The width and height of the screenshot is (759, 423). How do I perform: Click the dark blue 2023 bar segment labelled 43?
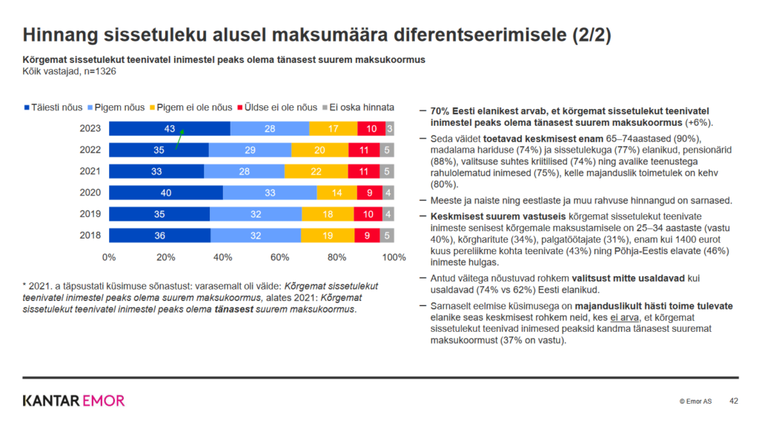[170, 129]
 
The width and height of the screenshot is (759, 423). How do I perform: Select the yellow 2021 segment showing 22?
[316, 171]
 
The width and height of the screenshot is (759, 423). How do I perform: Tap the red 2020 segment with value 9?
[370, 193]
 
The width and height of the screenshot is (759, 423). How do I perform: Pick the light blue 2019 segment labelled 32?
[256, 214]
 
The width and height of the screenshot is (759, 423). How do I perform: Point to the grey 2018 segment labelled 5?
[387, 236]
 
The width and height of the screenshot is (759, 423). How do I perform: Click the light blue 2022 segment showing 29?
[250, 150]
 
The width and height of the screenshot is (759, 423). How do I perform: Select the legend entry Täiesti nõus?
[53, 107]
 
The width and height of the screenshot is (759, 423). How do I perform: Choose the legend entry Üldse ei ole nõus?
[277, 107]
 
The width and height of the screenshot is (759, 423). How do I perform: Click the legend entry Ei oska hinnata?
[359, 107]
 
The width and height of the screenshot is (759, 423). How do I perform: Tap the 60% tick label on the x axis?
[279, 258]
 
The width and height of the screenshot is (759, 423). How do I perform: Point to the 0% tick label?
[109, 258]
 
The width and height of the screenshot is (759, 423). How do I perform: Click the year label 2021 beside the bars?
[90, 171]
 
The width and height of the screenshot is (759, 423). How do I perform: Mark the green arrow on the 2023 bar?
[179, 139]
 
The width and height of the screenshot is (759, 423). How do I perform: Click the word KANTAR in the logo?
[51, 401]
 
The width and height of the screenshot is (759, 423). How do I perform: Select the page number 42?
[734, 402]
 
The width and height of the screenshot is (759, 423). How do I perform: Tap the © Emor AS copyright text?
[695, 402]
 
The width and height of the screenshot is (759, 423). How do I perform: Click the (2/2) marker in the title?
[591, 35]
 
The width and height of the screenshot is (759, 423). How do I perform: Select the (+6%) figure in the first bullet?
[699, 123]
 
